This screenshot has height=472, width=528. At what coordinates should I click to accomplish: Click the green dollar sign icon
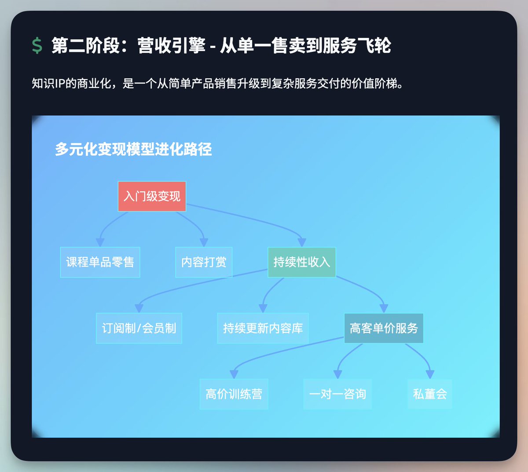click(x=37, y=46)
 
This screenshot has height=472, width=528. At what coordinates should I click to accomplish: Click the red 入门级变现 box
click(x=152, y=196)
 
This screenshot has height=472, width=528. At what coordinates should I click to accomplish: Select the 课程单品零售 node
click(x=100, y=262)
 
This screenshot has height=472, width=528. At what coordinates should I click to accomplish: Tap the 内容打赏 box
click(x=204, y=262)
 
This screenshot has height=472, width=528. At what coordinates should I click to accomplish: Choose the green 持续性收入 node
click(x=301, y=262)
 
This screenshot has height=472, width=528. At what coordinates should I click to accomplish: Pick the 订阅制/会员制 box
click(x=139, y=328)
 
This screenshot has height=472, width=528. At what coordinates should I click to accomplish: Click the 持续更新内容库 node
click(x=263, y=328)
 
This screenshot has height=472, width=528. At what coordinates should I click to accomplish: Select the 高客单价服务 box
click(x=384, y=328)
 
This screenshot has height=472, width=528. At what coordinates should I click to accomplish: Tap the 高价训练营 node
click(x=234, y=394)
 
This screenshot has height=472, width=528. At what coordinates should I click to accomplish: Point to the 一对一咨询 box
click(x=337, y=394)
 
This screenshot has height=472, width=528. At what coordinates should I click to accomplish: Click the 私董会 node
click(x=429, y=394)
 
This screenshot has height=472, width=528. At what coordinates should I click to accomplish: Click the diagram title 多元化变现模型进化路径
click(x=133, y=150)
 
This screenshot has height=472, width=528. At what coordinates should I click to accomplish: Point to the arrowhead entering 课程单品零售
click(x=100, y=242)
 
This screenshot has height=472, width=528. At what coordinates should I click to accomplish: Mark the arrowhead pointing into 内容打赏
click(x=204, y=242)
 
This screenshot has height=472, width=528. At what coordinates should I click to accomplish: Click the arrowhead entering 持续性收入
click(x=301, y=242)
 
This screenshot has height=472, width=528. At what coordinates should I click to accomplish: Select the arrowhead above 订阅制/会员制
click(x=139, y=308)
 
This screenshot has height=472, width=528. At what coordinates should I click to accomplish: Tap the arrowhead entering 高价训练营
click(x=234, y=374)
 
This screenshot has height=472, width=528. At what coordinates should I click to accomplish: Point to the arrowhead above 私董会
click(x=430, y=374)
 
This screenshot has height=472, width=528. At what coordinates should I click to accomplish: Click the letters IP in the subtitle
click(x=60, y=84)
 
